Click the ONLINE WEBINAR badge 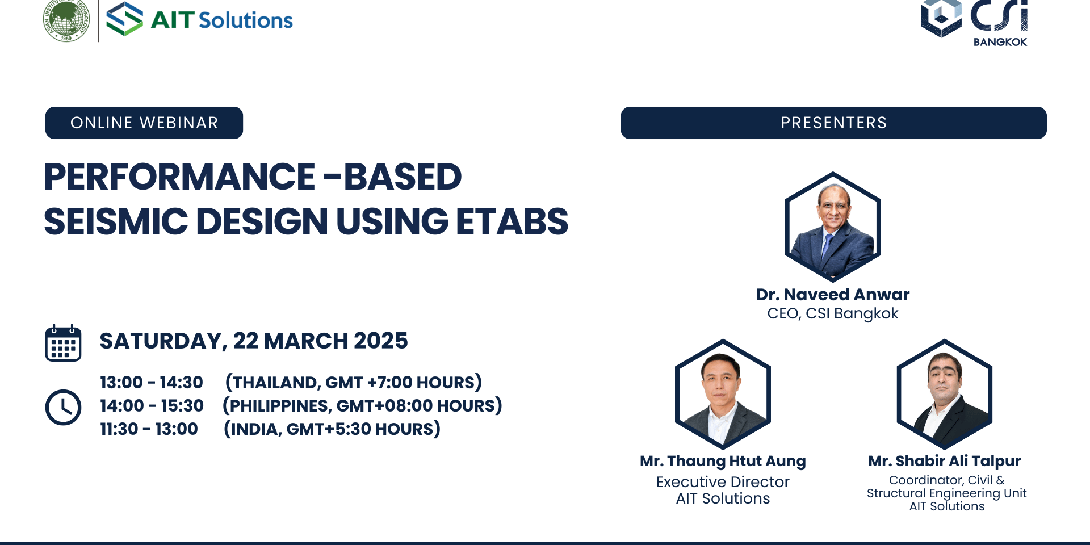(x=144, y=123)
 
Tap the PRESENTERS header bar (x=833, y=123)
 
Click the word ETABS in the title (x=512, y=221)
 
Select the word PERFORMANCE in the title (x=179, y=177)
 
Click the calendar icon (x=64, y=343)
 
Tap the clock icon (x=64, y=407)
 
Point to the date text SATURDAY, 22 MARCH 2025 (x=254, y=341)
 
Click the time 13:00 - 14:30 (x=152, y=383)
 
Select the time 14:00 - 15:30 (x=152, y=406)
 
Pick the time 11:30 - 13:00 (x=149, y=429)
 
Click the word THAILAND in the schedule (x=276, y=383)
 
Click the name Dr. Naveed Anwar (x=833, y=295)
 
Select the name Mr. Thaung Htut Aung (x=723, y=461)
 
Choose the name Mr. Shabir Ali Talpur (x=945, y=461)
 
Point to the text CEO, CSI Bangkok (x=833, y=313)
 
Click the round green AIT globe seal (x=66, y=21)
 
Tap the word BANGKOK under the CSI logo (x=1000, y=42)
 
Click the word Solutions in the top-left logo (x=246, y=20)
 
